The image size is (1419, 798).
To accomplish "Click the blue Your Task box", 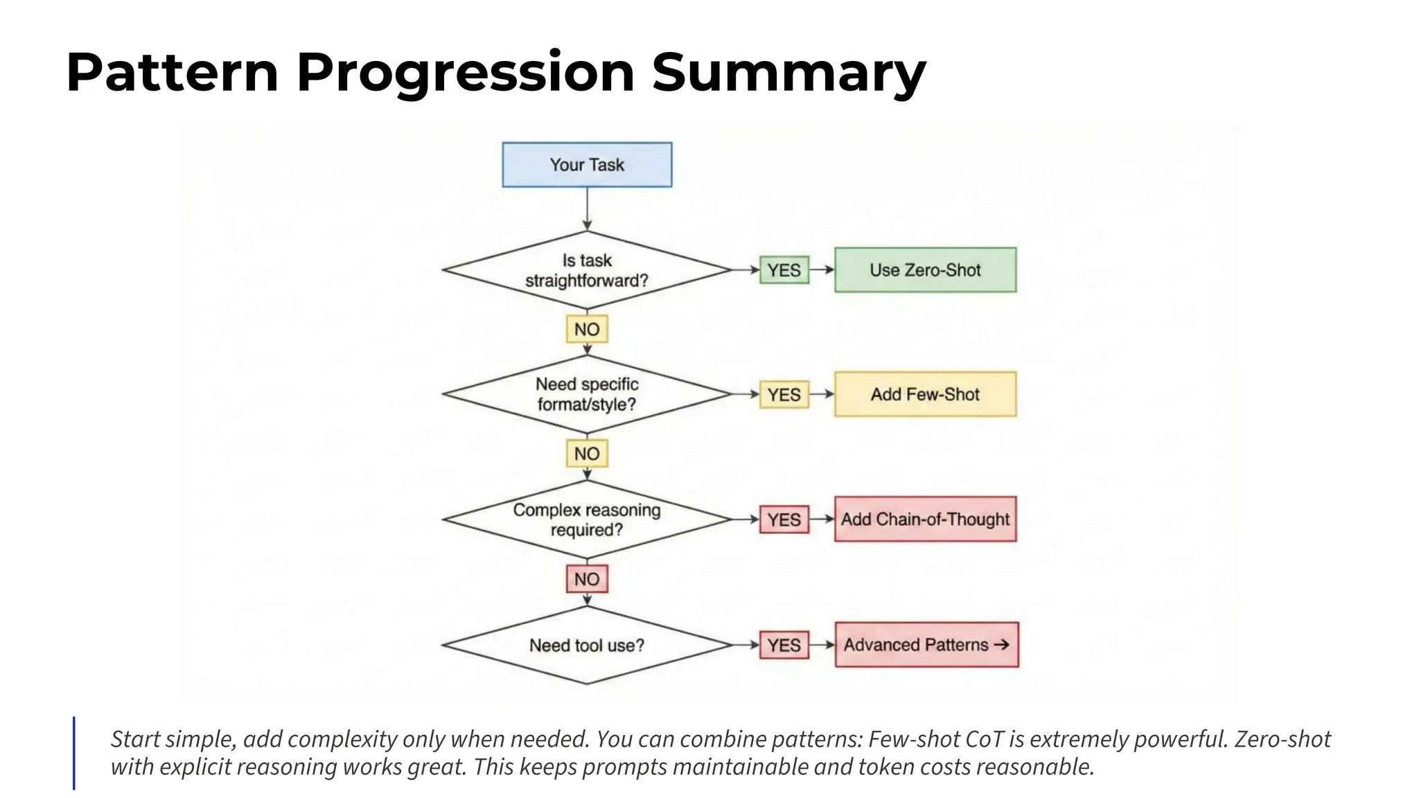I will click(x=587, y=165).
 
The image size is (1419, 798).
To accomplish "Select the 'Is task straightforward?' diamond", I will click(x=587, y=270).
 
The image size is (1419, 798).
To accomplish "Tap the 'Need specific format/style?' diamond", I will click(x=587, y=394).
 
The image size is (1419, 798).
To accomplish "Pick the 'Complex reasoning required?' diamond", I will click(x=587, y=520).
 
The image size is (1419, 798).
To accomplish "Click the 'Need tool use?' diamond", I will click(x=587, y=645).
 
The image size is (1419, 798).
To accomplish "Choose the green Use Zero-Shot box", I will click(x=925, y=269).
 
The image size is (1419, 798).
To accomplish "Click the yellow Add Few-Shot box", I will click(x=925, y=394).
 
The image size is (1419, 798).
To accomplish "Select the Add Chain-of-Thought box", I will click(x=925, y=519).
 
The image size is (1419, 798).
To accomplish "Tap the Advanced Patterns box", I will click(x=926, y=644).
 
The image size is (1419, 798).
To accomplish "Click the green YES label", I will click(x=784, y=270).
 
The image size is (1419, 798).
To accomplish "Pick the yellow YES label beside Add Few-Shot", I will click(x=784, y=395).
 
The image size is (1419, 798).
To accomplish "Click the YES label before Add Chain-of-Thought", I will click(x=784, y=520).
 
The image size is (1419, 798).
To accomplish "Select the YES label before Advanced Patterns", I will click(x=784, y=645).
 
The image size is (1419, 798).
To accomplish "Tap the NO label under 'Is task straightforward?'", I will click(x=587, y=329).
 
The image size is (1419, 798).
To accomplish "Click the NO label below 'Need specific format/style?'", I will click(x=587, y=454).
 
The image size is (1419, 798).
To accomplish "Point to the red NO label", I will click(x=587, y=579).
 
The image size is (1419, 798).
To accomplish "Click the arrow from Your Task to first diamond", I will click(x=587, y=209).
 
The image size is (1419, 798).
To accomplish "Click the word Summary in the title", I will click(x=788, y=72).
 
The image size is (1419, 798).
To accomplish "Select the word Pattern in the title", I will click(x=172, y=72).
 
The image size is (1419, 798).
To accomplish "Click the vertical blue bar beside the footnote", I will click(x=74, y=753).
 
